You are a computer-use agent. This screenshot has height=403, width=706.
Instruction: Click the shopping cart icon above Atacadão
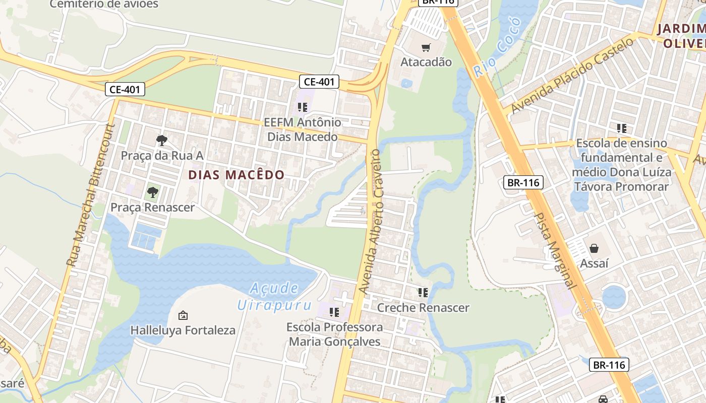(x=426, y=48)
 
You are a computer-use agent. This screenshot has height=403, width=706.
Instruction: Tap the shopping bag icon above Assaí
(x=594, y=248)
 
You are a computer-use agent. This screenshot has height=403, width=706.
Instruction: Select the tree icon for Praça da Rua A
(x=161, y=140)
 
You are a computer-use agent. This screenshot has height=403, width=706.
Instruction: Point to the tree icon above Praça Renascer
(x=152, y=192)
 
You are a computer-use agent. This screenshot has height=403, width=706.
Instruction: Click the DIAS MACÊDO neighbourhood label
(x=237, y=175)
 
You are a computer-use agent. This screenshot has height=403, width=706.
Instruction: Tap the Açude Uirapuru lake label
(x=274, y=297)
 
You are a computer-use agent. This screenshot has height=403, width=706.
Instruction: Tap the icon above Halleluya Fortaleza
(x=183, y=315)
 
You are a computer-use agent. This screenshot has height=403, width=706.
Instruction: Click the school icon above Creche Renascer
(x=423, y=292)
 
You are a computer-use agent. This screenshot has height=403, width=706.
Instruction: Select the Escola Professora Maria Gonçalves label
(x=334, y=334)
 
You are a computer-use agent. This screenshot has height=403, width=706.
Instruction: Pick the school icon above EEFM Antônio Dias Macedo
(x=303, y=107)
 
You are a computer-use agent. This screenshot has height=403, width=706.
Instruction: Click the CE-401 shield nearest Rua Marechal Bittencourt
(x=125, y=90)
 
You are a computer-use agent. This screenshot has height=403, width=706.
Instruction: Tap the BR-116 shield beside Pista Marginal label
(x=523, y=182)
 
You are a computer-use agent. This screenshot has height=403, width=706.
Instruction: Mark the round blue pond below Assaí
(x=614, y=297)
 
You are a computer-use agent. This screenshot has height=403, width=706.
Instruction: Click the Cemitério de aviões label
(x=104, y=5)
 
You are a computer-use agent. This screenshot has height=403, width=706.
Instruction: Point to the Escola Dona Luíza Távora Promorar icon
(x=621, y=128)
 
